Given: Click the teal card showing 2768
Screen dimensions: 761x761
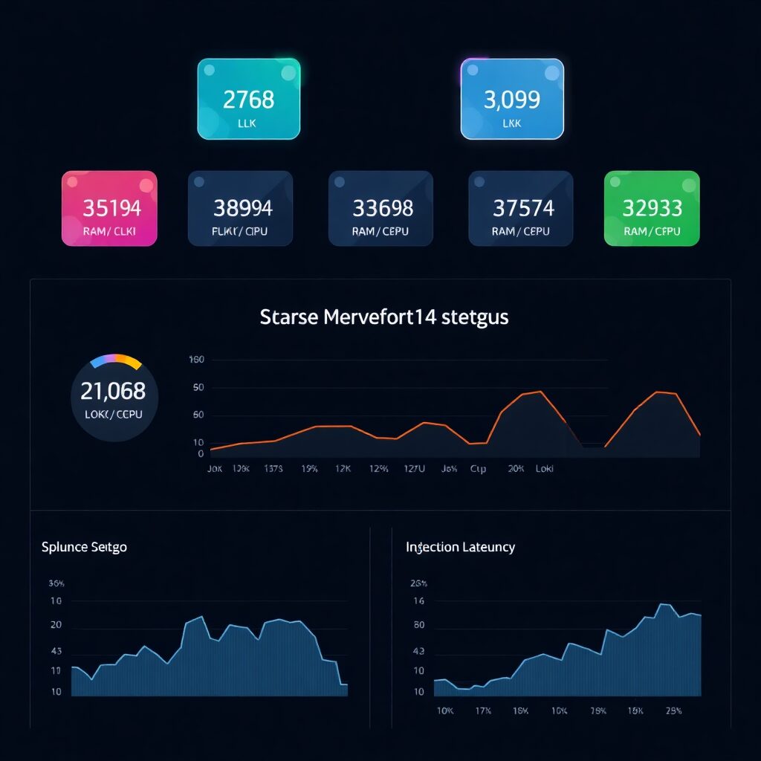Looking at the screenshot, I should [248, 99].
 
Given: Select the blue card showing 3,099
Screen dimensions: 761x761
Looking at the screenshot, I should [512, 99].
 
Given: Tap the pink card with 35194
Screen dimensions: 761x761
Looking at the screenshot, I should [109, 208].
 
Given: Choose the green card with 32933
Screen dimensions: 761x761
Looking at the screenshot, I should [652, 208].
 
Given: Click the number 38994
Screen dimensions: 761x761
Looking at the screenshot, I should [242, 208].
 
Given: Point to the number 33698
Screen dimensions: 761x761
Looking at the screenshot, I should [383, 208].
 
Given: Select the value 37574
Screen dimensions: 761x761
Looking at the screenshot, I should [522, 208].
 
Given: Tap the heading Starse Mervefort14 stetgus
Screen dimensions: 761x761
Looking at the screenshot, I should [384, 317].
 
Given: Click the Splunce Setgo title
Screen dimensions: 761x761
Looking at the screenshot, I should [84, 547].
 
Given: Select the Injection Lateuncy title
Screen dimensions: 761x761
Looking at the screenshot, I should [460, 547].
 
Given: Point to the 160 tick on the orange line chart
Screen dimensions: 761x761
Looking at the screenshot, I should [197, 360].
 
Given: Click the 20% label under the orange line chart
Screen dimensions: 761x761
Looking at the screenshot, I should [516, 470].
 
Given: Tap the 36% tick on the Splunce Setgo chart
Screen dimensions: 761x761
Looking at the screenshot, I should [56, 583].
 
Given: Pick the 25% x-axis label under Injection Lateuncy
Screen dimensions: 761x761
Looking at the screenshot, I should [673, 710].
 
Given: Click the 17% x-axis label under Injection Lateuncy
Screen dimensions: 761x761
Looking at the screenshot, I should [482, 710].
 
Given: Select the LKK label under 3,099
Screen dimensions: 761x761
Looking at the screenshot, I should [512, 123].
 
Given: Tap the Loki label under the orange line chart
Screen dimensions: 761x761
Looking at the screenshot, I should [545, 470].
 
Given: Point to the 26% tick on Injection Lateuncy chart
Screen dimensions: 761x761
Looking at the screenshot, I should [418, 583].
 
